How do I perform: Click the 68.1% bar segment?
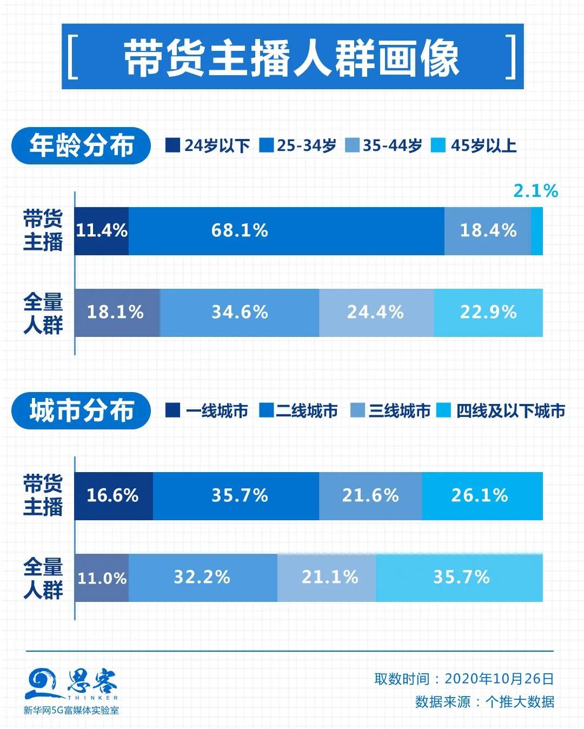point(286,231)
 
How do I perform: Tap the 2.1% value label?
point(535,190)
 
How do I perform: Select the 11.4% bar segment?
point(102,231)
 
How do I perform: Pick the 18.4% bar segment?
point(488,231)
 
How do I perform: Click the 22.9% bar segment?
point(488,313)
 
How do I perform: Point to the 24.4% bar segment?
point(376,313)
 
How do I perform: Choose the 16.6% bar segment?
point(114,496)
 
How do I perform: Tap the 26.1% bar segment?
point(482,496)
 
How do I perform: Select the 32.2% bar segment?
point(203,578)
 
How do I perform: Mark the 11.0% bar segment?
point(102,578)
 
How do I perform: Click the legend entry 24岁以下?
point(208,145)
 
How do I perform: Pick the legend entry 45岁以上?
point(474,145)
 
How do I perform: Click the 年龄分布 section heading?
point(81,145)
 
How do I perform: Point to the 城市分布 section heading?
point(81,411)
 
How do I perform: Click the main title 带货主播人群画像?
point(292,57)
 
